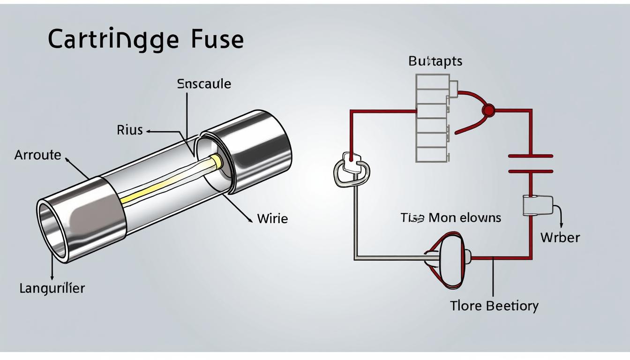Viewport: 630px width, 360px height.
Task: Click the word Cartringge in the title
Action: coord(113,40)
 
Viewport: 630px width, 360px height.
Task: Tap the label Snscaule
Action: coord(204,84)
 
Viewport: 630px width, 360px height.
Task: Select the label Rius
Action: coord(129,130)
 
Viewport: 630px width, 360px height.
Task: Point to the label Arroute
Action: coord(37,155)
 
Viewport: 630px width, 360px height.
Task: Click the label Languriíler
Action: coord(52,288)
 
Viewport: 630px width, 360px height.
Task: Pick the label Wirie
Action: coord(272,218)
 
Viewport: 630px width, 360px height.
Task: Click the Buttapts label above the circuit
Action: coord(435,61)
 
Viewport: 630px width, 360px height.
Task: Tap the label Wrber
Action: coord(560,237)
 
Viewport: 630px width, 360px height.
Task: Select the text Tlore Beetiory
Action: coord(494,306)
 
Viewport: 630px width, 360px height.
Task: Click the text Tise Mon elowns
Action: coord(450,217)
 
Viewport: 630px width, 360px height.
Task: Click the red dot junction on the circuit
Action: coord(488,110)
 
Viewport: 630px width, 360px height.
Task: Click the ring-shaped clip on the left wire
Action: coord(352,171)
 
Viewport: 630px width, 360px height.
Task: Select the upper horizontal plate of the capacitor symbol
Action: coord(531,156)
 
